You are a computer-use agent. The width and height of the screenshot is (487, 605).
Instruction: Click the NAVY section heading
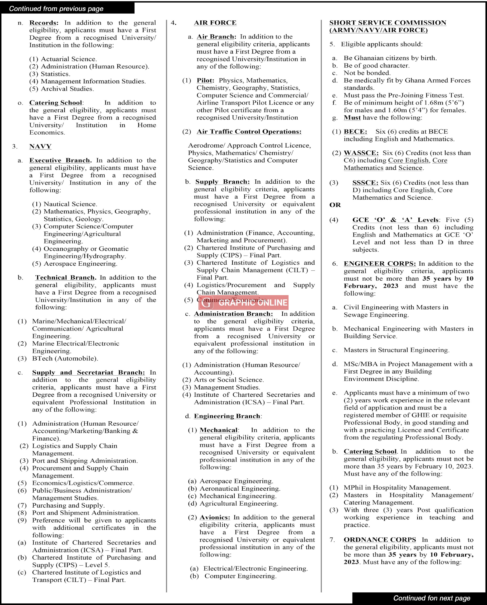coord(40,146)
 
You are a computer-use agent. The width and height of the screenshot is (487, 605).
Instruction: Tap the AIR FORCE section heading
coord(215,23)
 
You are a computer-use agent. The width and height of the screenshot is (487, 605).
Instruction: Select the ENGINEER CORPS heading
coord(380,264)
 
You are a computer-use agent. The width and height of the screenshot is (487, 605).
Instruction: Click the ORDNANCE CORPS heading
coord(380,540)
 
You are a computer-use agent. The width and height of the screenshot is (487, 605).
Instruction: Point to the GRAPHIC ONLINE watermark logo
coord(243,302)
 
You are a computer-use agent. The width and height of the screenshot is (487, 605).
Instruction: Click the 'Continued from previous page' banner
coord(56,9)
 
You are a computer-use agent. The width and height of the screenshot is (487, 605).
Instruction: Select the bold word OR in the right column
coord(335,205)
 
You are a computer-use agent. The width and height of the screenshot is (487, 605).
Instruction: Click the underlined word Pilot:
coord(205,80)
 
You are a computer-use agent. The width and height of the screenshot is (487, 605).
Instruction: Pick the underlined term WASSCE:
coord(361,153)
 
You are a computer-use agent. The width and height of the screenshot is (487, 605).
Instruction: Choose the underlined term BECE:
coord(355,132)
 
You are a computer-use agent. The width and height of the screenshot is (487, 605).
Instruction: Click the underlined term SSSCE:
coord(365,183)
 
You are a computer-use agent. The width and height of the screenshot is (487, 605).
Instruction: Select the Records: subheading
coord(44,23)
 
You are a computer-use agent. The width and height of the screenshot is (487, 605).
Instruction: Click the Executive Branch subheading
coord(60,160)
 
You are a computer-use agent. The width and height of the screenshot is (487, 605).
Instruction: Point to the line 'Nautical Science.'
coord(70,204)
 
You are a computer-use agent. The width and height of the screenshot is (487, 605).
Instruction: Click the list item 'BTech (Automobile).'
coord(65,358)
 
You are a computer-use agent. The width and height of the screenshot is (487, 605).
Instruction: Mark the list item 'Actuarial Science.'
coord(69,59)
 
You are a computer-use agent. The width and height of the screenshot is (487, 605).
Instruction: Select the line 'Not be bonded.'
coord(367,73)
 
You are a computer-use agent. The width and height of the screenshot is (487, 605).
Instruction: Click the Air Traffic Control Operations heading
coord(249,132)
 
